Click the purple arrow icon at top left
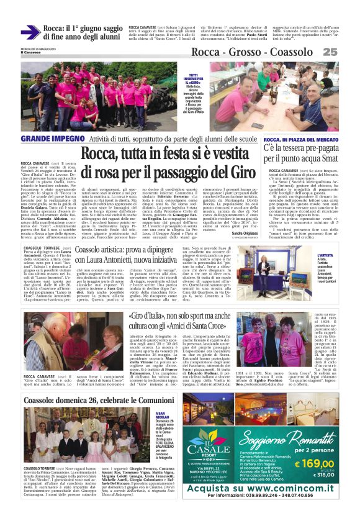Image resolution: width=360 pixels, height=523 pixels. (x=30, y=32)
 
